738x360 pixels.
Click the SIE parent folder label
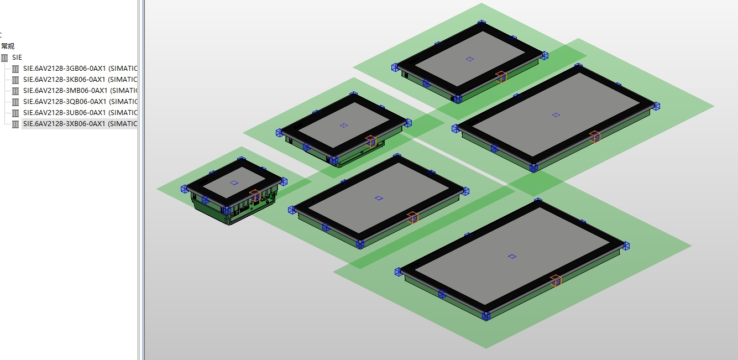pos(17,58)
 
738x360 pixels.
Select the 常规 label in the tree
pos(8,46)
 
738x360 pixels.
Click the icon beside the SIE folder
pos(4,58)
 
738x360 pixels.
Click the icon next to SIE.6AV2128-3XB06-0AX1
pos(15,124)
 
